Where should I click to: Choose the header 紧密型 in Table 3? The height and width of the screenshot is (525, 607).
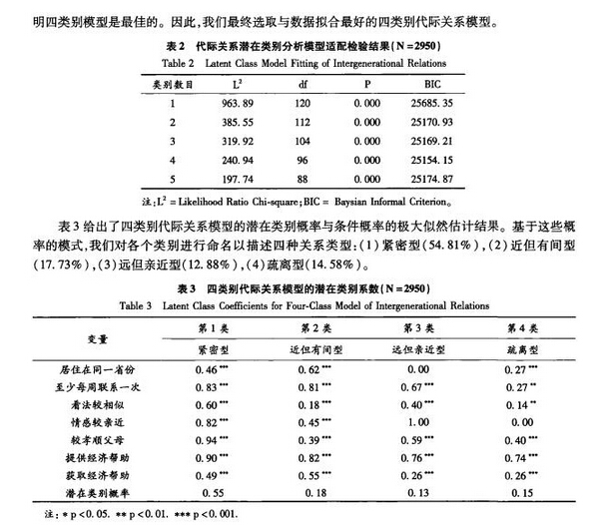(218, 349)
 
